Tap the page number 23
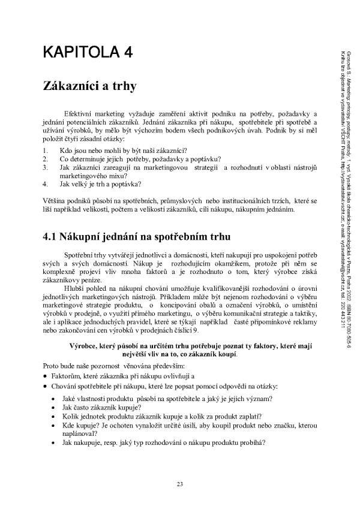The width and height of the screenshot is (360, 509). click(x=180, y=484)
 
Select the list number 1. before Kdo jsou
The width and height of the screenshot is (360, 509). click(x=45, y=149)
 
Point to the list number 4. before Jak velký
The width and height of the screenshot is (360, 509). click(x=45, y=185)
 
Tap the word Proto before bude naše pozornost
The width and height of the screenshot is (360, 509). click(x=52, y=365)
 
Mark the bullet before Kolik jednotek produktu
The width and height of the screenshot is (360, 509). click(x=55, y=415)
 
